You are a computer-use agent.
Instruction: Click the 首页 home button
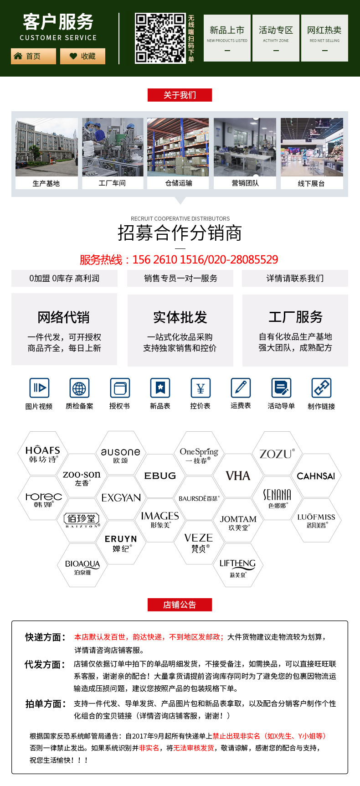(33, 56)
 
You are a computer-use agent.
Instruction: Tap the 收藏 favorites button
(82, 56)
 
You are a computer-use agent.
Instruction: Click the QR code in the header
(160, 38)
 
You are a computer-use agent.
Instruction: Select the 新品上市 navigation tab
(227, 38)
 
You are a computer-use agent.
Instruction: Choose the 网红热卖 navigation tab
(324, 38)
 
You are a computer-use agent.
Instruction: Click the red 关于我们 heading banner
(180, 95)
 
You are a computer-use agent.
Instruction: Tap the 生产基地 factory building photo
(46, 147)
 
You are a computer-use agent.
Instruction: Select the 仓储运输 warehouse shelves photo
(178, 147)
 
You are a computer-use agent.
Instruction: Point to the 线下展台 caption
(311, 183)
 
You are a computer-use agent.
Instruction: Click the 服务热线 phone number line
(179, 259)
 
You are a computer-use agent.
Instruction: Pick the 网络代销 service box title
(64, 317)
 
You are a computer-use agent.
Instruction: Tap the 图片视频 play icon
(39, 388)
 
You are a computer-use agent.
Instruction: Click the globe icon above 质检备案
(79, 388)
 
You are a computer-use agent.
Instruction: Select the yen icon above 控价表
(201, 388)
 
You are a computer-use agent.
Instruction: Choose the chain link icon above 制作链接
(321, 388)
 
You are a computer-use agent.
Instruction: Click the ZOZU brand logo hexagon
(277, 454)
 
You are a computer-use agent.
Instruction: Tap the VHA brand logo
(238, 476)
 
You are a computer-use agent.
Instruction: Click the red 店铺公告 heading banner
(180, 605)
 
